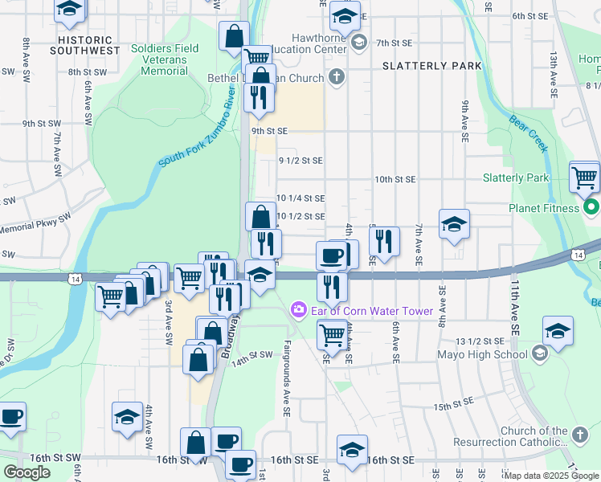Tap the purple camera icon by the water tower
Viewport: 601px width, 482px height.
click(299, 309)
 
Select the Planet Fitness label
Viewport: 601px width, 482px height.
click(532, 208)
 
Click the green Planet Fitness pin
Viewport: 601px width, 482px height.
click(591, 208)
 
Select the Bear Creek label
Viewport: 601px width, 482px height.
click(529, 133)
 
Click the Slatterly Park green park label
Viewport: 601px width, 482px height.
click(516, 178)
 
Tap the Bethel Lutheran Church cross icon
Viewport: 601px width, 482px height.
click(337, 78)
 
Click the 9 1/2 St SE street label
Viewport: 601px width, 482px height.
click(300, 161)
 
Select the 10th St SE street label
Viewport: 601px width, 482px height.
click(395, 179)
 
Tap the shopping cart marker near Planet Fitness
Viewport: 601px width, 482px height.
click(584, 177)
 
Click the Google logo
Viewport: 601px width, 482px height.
click(27, 472)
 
